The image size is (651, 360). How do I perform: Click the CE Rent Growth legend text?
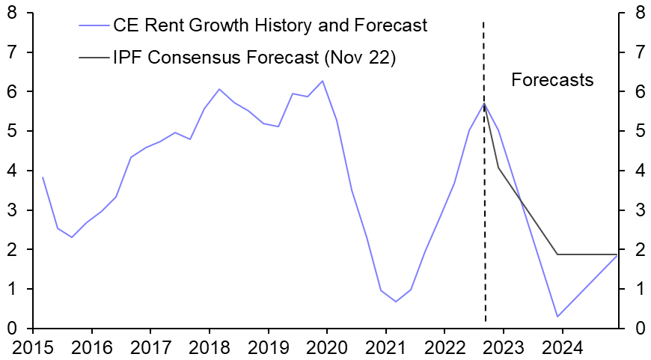point(270,25)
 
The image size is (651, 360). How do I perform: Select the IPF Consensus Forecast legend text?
point(254,58)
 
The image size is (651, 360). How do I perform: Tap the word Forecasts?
point(552,80)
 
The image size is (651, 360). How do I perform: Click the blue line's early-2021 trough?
point(395,302)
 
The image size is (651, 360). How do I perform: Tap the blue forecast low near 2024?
point(557,317)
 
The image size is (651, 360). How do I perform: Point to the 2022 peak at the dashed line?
point(484,103)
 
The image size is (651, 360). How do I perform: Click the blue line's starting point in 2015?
point(43,177)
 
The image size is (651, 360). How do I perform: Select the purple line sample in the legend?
point(93,25)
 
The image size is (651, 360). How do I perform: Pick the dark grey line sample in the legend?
point(93,58)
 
